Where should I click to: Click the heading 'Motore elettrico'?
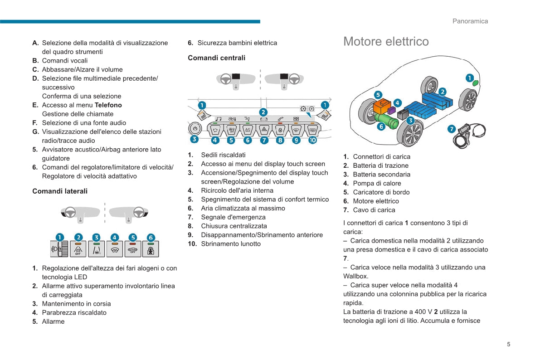[386, 42]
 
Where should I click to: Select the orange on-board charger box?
[382, 107]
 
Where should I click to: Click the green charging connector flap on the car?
[475, 83]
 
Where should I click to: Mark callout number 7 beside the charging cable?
[452, 129]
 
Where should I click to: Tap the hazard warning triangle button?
[264, 130]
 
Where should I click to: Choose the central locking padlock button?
[280, 130]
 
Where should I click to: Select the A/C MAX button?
[248, 130]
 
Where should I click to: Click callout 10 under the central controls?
[313, 140]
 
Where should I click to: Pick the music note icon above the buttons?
[218, 119]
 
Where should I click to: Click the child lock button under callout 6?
[151, 249]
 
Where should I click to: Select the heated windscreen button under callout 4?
[114, 249]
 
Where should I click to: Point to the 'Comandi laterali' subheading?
[60, 191]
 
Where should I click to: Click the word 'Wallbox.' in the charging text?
[356, 276]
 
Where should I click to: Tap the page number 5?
[508, 344]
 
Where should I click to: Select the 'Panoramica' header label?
[470, 21]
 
